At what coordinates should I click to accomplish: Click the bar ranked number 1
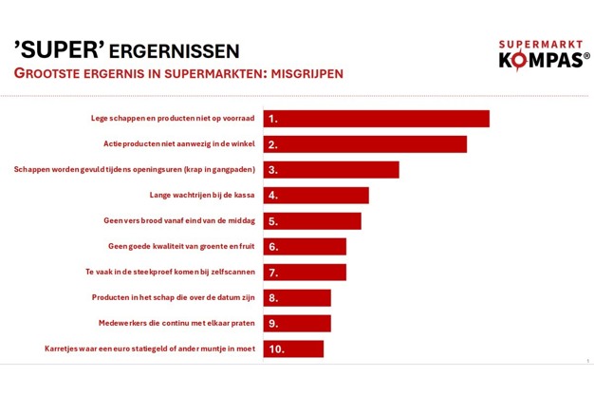[377, 119]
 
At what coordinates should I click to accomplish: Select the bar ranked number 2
[365, 144]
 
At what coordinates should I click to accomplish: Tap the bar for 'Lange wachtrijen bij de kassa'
[316, 196]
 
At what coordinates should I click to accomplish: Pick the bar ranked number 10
[293, 349]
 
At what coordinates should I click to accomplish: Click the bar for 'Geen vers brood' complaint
[312, 221]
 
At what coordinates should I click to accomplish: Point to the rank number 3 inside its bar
[273, 170]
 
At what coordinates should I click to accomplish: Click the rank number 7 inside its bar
[273, 273]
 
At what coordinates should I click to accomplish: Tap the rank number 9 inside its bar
[273, 323]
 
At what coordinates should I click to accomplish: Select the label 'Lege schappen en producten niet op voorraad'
[167, 119]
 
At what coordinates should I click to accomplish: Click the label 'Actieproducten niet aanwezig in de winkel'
[178, 144]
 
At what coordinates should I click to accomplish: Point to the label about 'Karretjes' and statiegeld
[150, 349]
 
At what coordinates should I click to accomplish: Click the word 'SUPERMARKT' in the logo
[542, 44]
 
